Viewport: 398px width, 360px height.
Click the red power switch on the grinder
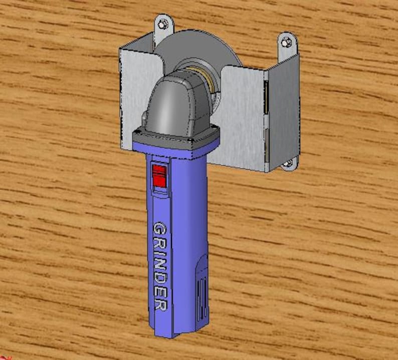[159, 176]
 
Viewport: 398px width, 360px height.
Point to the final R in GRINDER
[160, 303]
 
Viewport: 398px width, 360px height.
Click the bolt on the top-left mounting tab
[162, 24]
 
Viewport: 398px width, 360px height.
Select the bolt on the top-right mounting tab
[287, 42]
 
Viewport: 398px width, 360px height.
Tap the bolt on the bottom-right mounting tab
[287, 163]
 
